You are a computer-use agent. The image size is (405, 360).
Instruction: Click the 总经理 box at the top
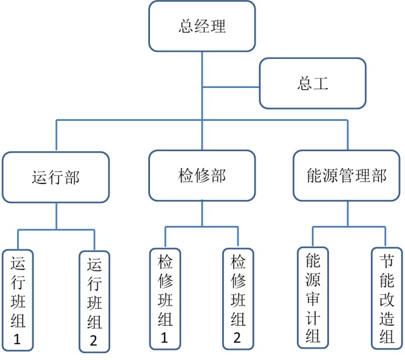[x=202, y=27]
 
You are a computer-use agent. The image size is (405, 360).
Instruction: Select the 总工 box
[x=313, y=84]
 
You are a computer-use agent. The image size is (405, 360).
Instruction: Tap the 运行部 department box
[x=56, y=177]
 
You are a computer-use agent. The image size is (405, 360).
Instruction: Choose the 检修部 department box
[x=202, y=175]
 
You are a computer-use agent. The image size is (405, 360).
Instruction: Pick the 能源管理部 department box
[x=348, y=175]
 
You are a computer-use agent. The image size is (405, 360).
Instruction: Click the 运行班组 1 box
[x=17, y=301]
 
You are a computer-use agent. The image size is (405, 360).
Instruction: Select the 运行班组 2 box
[x=94, y=301]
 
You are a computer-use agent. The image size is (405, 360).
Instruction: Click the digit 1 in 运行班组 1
[x=17, y=340]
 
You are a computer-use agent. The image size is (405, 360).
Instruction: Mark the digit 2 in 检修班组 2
[x=238, y=338]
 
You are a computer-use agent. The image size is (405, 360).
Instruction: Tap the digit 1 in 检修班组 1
[x=165, y=338]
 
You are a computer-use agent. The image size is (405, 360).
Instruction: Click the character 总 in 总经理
[x=185, y=27]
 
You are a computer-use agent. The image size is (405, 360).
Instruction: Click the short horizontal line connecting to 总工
[x=231, y=87]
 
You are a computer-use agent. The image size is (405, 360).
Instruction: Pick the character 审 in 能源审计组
[x=313, y=298]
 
